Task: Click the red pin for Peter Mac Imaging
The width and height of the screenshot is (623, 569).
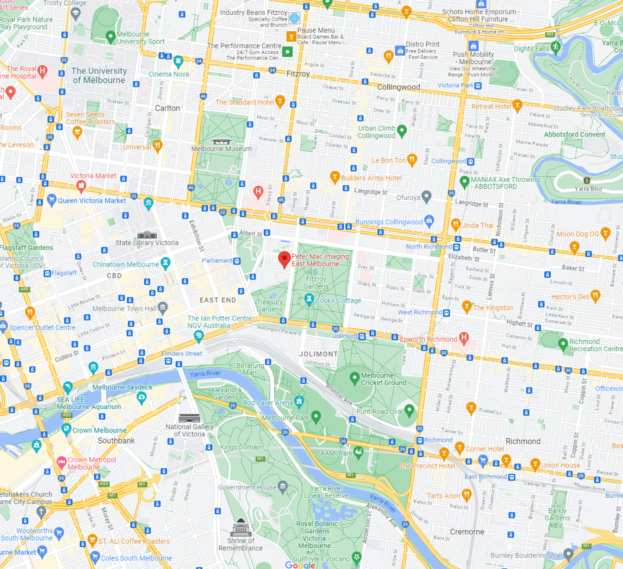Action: (x=285, y=259)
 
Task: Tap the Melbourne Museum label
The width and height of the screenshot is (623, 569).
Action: (x=221, y=149)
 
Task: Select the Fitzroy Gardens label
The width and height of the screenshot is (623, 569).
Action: (x=316, y=282)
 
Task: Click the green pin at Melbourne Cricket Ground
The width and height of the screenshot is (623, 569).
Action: (x=354, y=378)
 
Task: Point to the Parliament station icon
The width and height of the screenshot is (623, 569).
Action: (x=237, y=261)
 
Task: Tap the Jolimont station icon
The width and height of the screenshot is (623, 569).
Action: (x=362, y=336)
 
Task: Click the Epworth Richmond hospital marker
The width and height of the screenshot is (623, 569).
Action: (x=464, y=338)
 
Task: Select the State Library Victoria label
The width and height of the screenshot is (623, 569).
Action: (x=147, y=243)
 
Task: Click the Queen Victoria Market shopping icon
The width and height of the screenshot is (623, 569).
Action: (x=51, y=199)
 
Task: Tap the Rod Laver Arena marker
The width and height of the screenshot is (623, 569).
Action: (x=299, y=401)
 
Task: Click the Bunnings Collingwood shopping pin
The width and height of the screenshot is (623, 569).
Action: (x=429, y=221)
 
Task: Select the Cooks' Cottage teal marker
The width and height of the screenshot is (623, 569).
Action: (x=309, y=299)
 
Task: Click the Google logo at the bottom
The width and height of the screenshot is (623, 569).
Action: (x=300, y=565)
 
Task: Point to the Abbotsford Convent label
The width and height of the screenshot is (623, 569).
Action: (x=574, y=134)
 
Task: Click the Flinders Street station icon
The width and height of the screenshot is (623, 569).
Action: (x=168, y=361)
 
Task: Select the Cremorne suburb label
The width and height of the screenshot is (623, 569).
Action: (x=467, y=532)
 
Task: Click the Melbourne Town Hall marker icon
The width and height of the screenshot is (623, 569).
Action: (x=163, y=307)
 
